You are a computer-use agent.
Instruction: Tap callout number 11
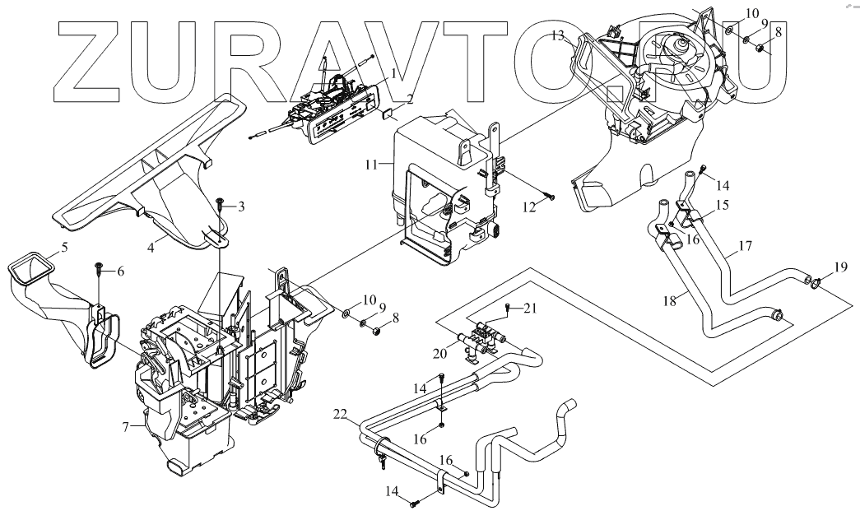pyautogui.click(x=372, y=165)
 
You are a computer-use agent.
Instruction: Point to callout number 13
pyautogui.click(x=559, y=35)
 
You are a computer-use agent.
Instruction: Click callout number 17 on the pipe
pyautogui.click(x=745, y=244)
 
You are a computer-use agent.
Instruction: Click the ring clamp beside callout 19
pyautogui.click(x=814, y=285)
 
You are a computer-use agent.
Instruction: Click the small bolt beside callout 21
pyautogui.click(x=508, y=308)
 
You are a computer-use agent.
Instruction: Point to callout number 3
pyautogui.click(x=241, y=207)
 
